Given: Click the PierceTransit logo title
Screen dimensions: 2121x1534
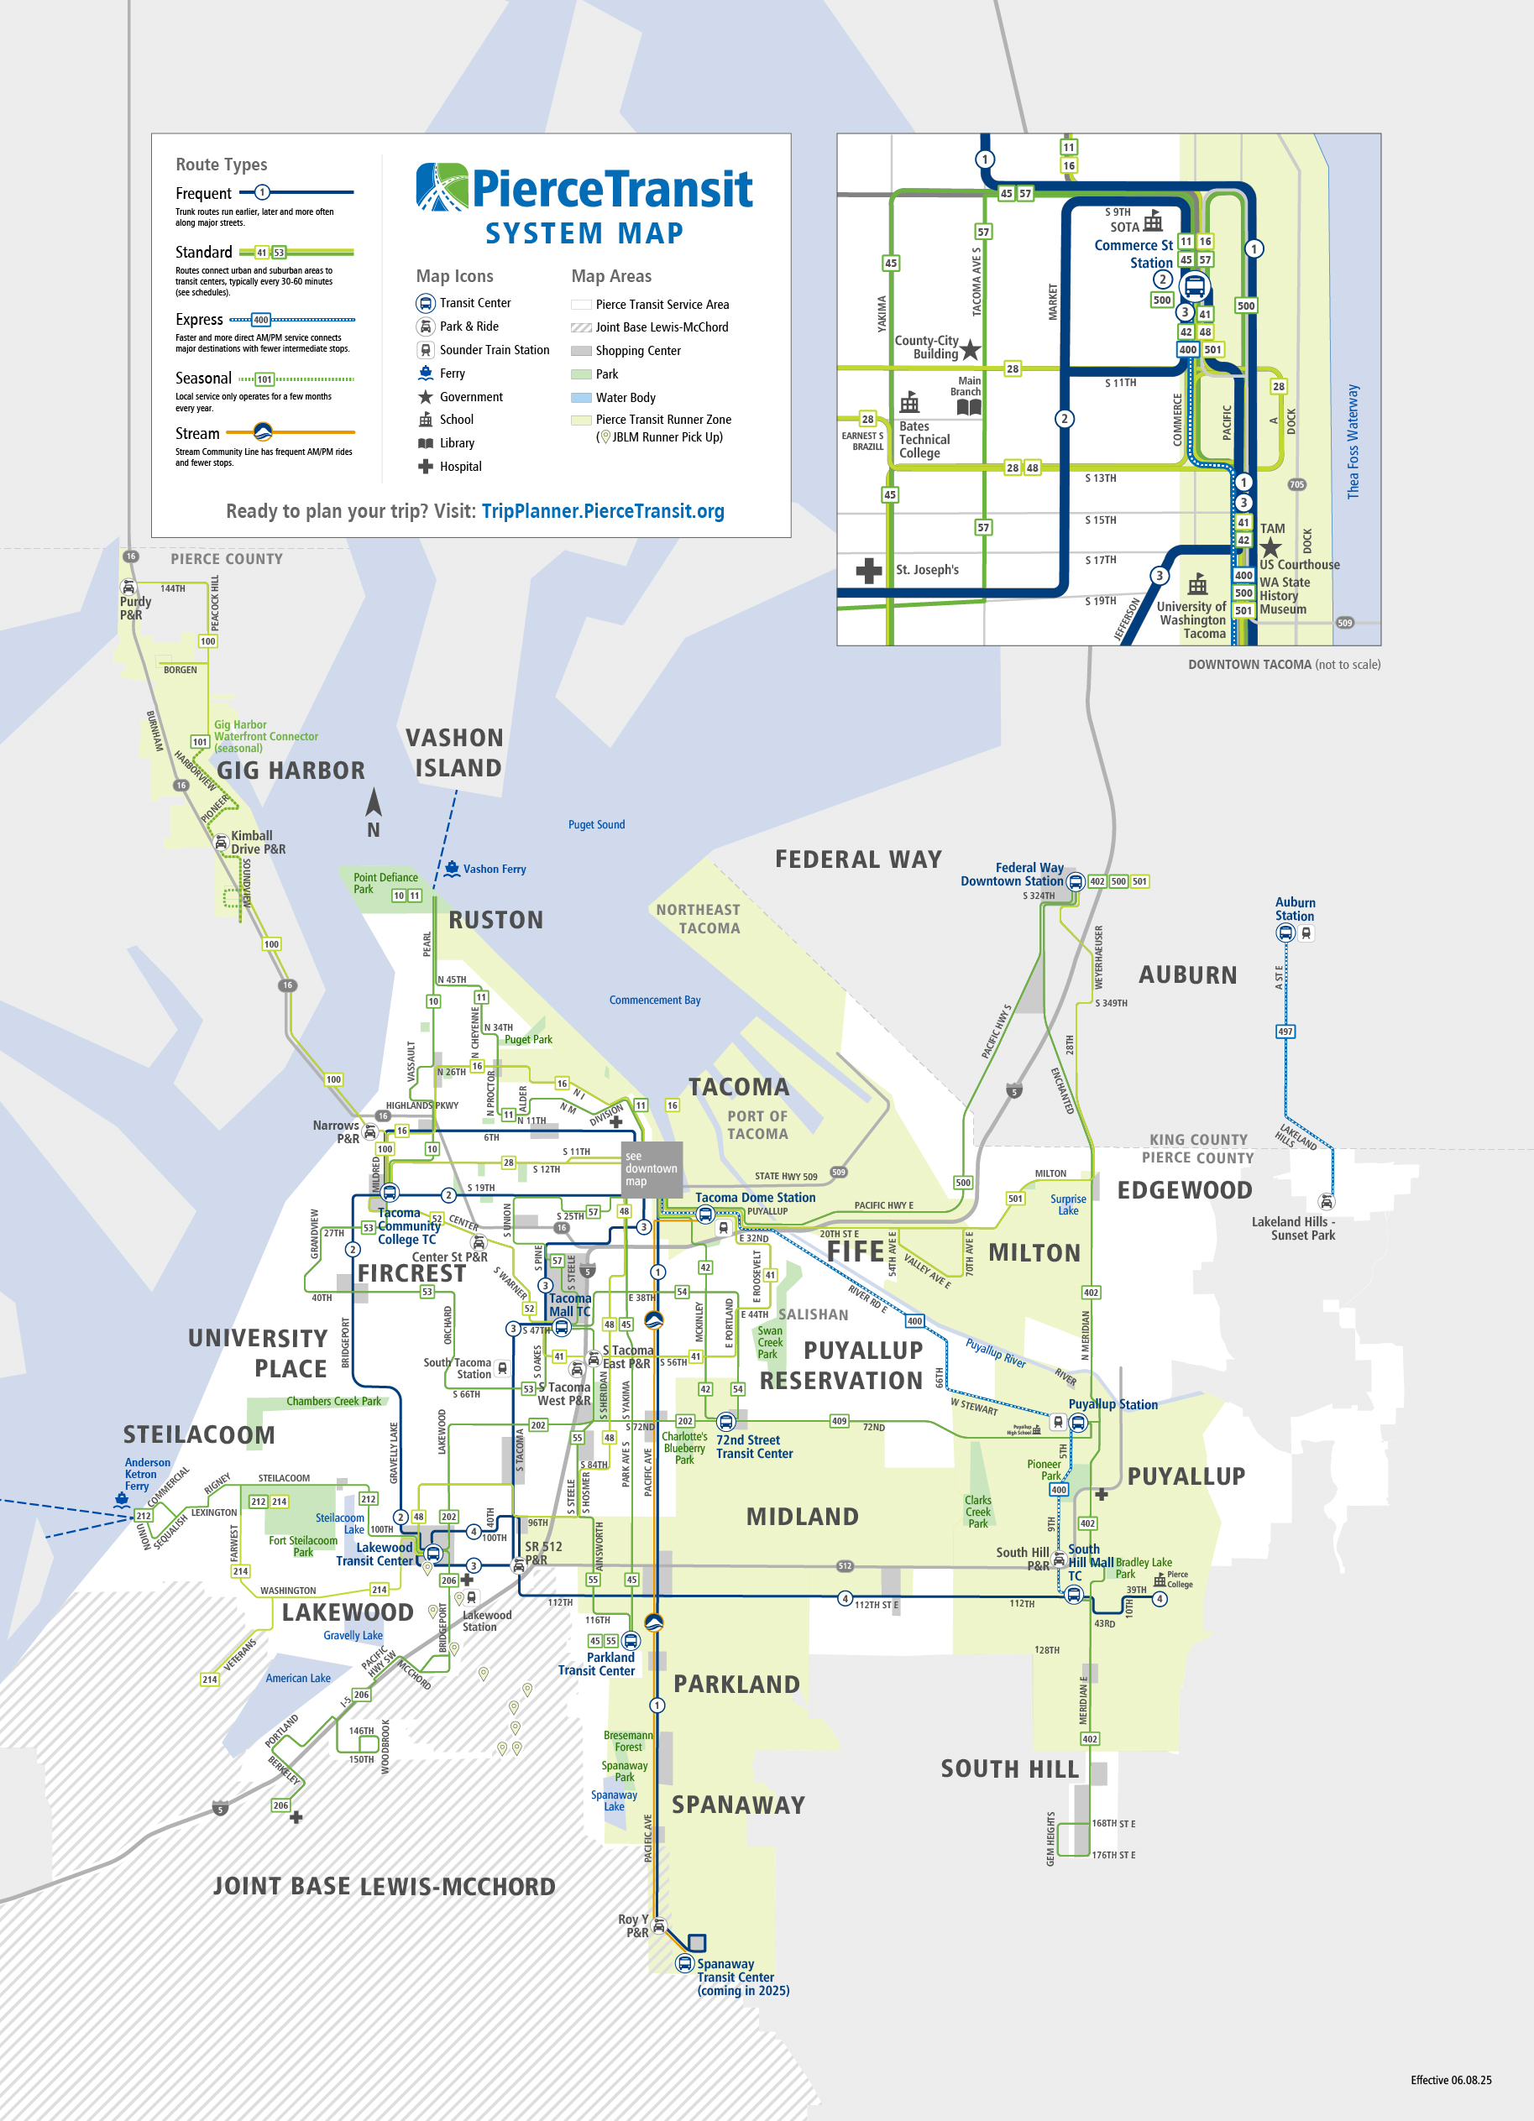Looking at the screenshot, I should [585, 188].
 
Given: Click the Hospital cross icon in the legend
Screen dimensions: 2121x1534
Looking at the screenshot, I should [425, 467].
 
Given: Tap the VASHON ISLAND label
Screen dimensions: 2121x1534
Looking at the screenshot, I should [456, 753].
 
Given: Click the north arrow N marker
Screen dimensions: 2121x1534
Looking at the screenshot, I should [373, 812].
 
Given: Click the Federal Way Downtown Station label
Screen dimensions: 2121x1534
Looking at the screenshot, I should [1012, 875].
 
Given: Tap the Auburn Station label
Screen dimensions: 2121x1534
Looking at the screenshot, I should [1295, 909].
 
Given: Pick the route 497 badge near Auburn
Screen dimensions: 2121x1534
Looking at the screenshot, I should [1285, 1032].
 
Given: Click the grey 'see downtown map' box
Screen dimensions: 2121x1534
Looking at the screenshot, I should [651, 1169].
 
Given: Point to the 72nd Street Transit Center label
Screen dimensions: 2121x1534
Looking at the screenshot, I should [754, 1447].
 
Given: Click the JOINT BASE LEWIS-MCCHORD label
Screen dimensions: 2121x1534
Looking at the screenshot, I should [384, 1886].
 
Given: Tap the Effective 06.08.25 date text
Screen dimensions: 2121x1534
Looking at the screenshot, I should [1450, 2080].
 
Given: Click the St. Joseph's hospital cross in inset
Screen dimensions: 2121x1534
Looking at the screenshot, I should [869, 571].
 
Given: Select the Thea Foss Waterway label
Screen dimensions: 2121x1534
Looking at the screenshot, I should [1353, 441].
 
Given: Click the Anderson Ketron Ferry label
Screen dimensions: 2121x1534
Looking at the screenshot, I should [147, 1474].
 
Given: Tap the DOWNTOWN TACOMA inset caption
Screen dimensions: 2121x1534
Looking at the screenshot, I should [1283, 665].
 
